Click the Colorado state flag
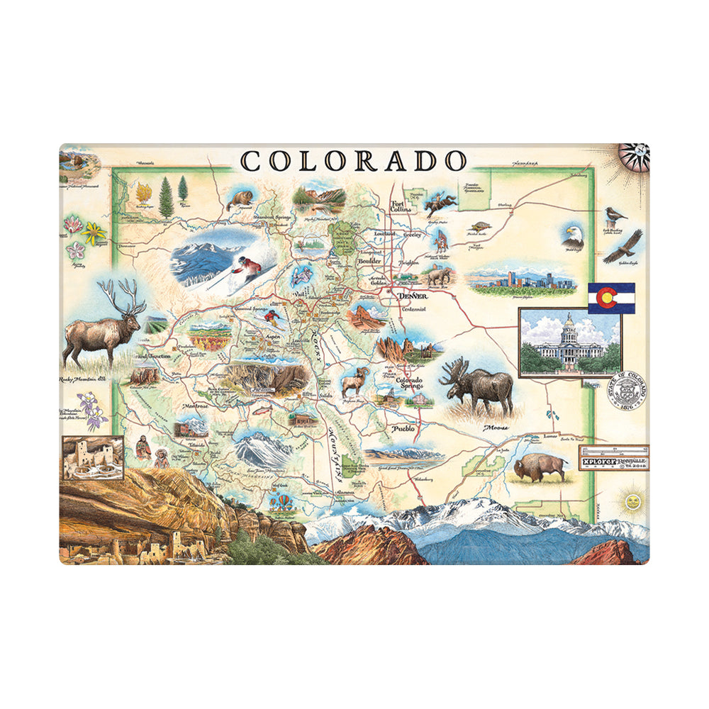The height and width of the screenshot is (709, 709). point(611,298)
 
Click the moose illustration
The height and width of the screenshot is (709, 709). point(479,386)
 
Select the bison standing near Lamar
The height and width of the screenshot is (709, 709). point(540,467)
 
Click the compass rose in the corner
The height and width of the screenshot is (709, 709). point(633,157)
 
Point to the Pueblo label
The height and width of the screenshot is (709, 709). point(402,429)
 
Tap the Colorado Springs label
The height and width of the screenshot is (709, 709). point(409,384)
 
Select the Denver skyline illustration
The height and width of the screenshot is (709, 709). point(521,280)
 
